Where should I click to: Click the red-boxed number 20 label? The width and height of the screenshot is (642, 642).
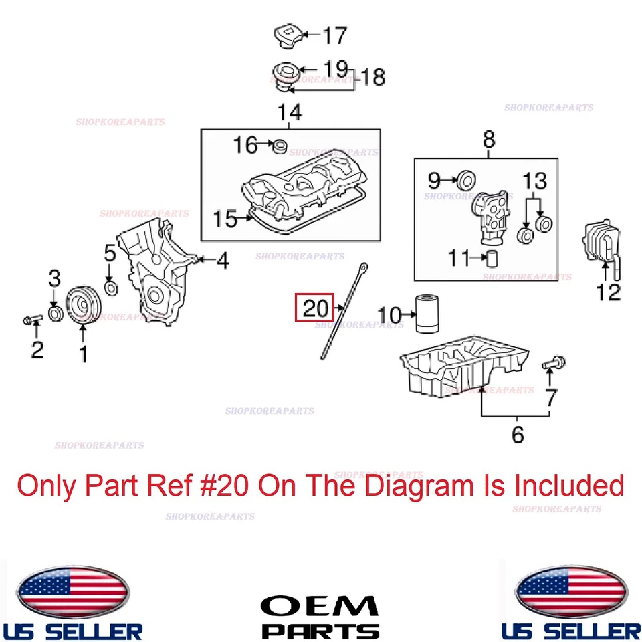tap(315, 308)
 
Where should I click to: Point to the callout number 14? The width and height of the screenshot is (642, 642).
tap(290, 111)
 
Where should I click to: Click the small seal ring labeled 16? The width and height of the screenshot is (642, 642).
tap(280, 144)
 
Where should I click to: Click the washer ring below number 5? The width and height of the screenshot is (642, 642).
tap(112, 288)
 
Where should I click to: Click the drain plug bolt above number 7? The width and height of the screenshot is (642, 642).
tap(554, 363)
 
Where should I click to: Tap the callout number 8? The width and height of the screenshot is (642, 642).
tap(489, 139)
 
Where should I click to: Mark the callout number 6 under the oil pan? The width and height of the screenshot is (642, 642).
tap(518, 435)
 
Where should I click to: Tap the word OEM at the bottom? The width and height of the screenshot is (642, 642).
tap(320, 606)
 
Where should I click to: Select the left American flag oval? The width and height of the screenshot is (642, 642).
tap(72, 592)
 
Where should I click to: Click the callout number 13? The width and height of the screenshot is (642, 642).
tap(534, 181)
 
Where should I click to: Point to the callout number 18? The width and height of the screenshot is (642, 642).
tap(373, 77)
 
